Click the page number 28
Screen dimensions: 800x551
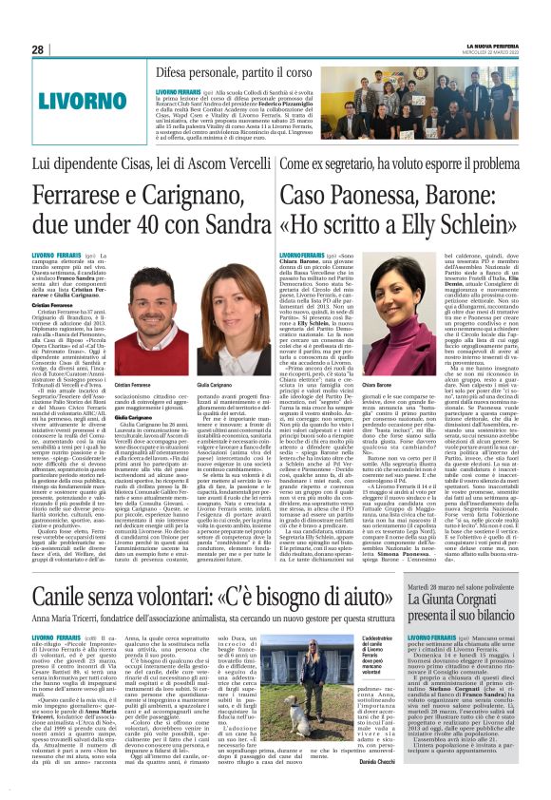point(38,49)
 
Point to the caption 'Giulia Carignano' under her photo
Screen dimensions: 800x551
point(214,384)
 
